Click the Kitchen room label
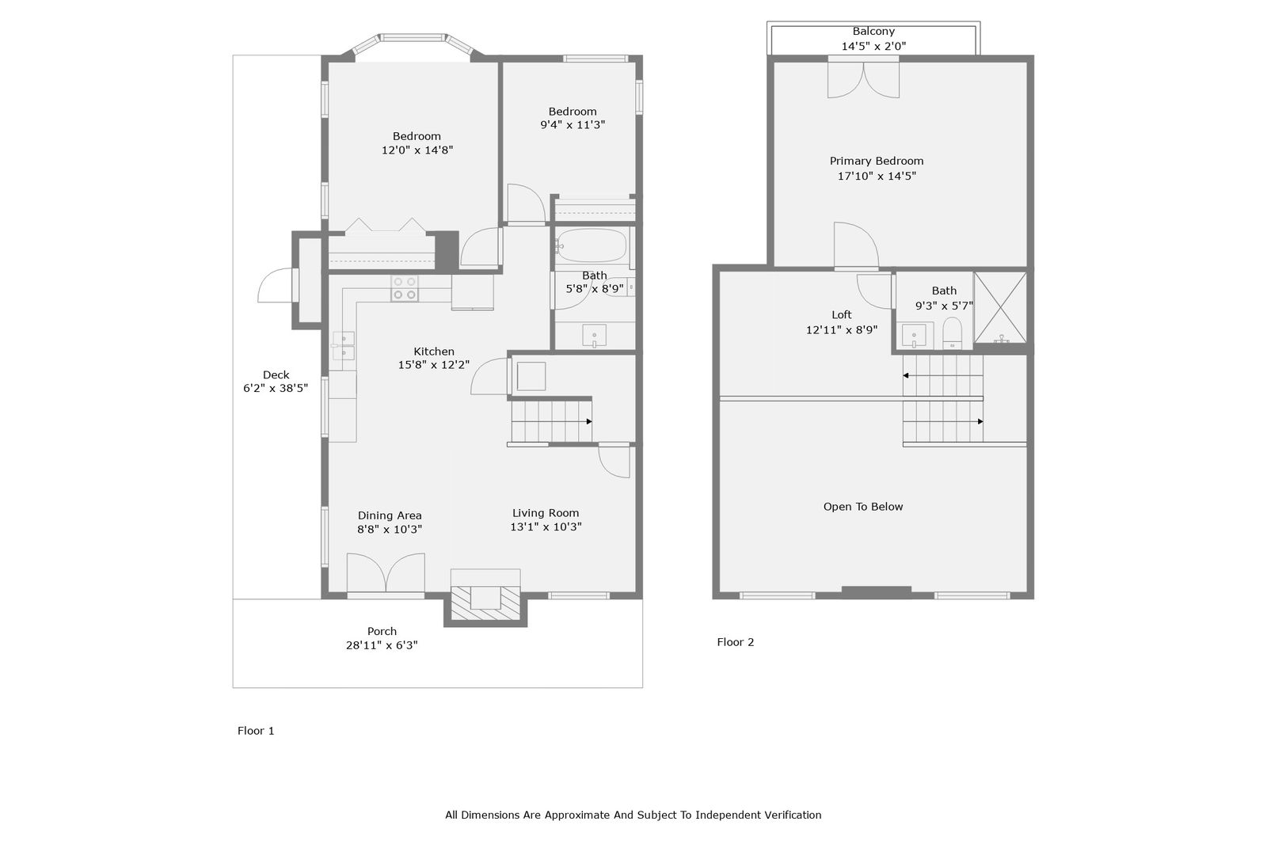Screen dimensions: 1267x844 (x=434, y=352)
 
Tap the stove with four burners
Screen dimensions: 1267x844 (x=405, y=288)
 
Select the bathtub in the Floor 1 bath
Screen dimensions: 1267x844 (x=591, y=245)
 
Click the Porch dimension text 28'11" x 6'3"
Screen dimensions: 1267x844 (x=382, y=645)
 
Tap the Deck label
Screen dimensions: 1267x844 (x=276, y=374)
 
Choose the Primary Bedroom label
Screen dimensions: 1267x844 (x=876, y=162)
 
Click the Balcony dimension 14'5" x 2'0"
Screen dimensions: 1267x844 (x=873, y=47)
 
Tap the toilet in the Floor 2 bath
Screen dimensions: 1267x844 (x=953, y=333)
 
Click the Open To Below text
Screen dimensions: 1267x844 (x=863, y=507)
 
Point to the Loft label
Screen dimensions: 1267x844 (x=842, y=315)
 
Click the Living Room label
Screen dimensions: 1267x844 (x=546, y=513)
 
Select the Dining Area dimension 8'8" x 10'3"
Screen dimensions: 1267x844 (x=390, y=530)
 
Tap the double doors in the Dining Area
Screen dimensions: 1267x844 (x=386, y=573)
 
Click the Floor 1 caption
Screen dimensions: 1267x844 (x=256, y=731)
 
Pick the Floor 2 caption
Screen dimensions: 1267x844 (x=736, y=642)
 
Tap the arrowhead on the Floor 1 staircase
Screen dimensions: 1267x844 (x=589, y=421)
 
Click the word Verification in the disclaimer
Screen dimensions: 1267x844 (x=793, y=815)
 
